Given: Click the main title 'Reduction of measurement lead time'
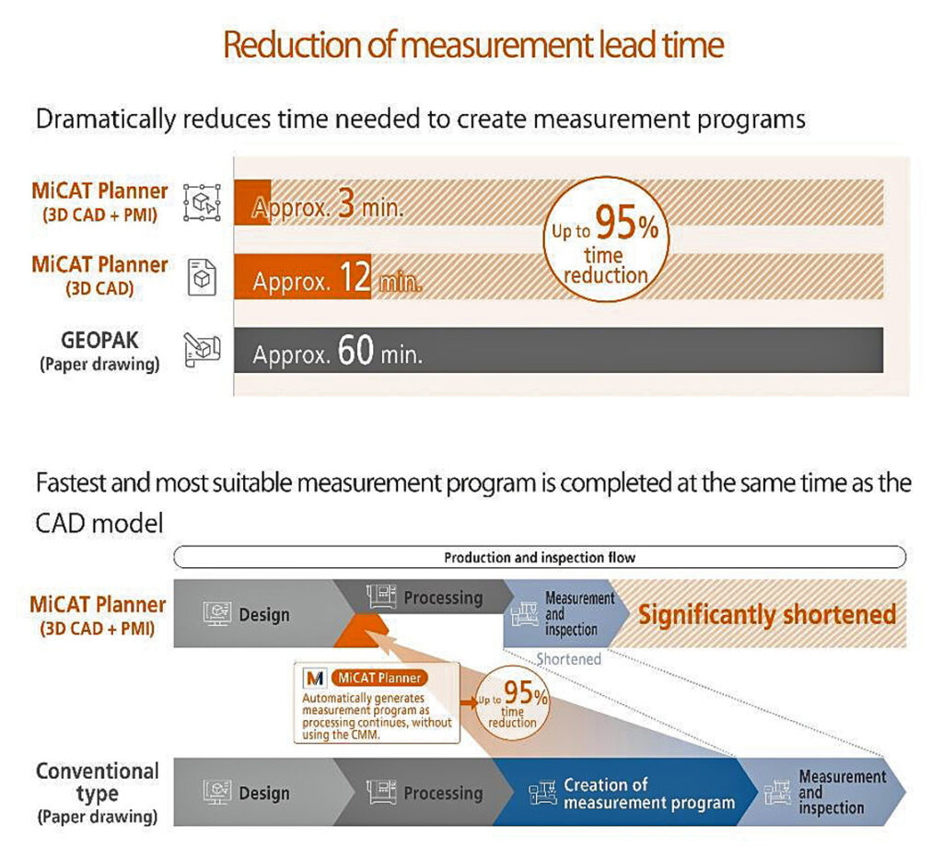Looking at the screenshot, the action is (473, 45).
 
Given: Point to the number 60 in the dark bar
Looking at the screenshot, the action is (355, 350).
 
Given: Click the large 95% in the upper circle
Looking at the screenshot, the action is (626, 222).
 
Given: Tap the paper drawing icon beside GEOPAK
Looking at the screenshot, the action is (202, 350).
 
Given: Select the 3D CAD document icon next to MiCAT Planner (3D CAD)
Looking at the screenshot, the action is (202, 277).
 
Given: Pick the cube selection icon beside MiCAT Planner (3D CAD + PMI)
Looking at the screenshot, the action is (202, 203).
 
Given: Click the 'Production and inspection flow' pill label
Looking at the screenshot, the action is (540, 557).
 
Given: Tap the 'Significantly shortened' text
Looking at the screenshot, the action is (767, 614).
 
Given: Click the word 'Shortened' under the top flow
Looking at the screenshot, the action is (568, 659).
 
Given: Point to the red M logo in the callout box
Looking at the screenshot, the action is (315, 678).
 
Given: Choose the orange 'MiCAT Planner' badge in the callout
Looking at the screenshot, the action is (379, 678).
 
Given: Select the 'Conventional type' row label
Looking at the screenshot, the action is (98, 793).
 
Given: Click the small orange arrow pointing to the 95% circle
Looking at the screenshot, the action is (468, 702).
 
